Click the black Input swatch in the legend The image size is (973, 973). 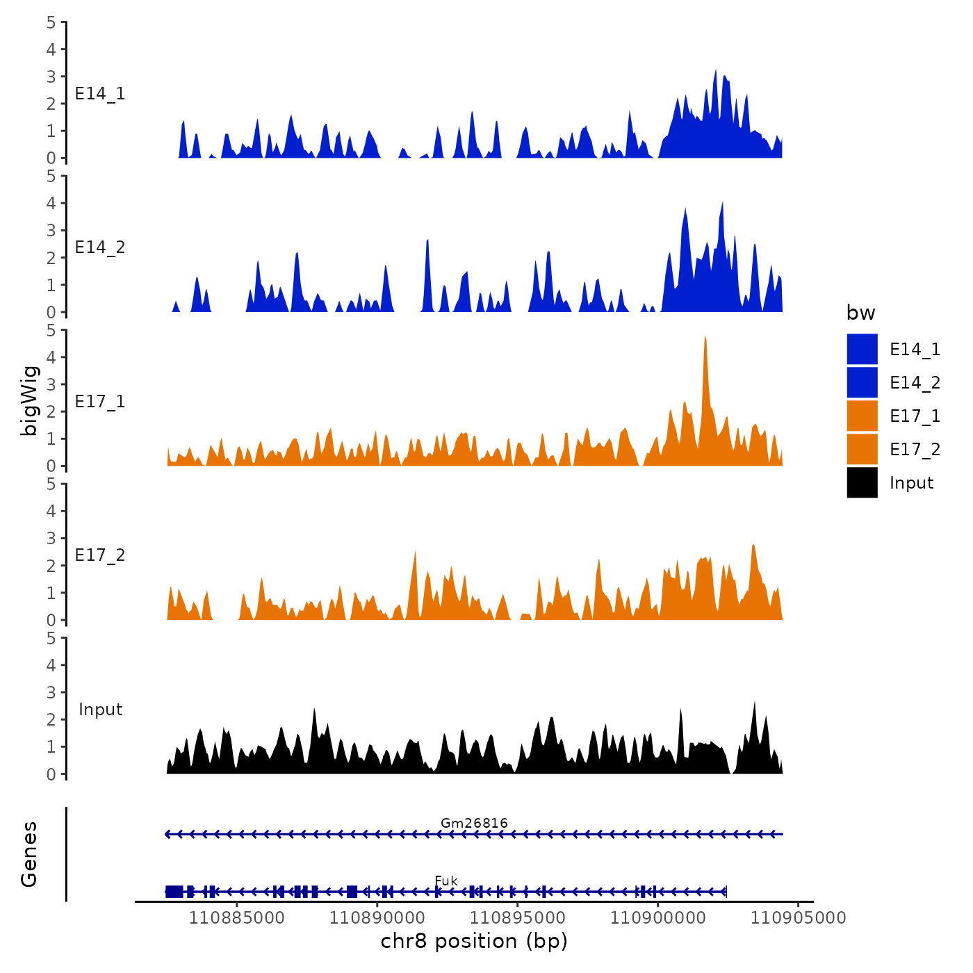click(x=862, y=483)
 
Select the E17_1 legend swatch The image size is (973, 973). click(x=862, y=416)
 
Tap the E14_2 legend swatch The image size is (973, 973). click(x=862, y=383)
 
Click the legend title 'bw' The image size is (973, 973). click(x=860, y=313)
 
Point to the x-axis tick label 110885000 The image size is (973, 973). click(x=236, y=918)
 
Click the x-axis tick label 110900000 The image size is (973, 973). click(x=657, y=918)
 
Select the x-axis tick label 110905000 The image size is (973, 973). click(x=798, y=918)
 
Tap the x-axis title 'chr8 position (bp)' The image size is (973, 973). click(x=474, y=942)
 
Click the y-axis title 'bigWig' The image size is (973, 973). click(x=29, y=400)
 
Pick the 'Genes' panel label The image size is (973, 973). click(x=29, y=854)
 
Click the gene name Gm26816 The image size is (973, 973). click(x=474, y=824)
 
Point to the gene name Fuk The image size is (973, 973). click(x=446, y=881)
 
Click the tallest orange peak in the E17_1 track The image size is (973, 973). click(x=705, y=339)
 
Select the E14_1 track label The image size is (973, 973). click(x=100, y=94)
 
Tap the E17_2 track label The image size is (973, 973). click(x=100, y=555)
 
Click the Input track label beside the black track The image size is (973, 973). click(x=100, y=710)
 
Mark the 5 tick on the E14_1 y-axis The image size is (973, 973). click(x=51, y=22)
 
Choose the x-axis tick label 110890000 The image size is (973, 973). click(x=377, y=918)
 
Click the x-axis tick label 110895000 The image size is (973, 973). click(x=517, y=918)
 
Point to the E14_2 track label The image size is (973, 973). click(x=100, y=247)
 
